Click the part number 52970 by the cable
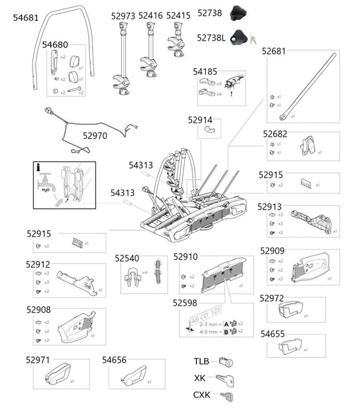tap(95, 135)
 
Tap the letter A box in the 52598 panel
tap(227, 323)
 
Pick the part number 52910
tap(186, 257)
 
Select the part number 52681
tap(274, 51)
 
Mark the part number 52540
tap(127, 258)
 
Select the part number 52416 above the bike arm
tap(150, 15)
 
